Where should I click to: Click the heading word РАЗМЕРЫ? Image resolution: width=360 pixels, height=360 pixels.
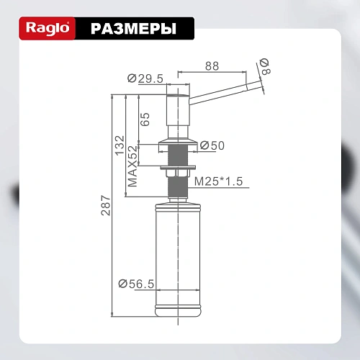coord(133,29)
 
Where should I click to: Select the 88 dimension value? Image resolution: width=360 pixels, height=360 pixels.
coord(212,66)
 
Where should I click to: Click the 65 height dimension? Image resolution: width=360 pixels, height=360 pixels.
coord(145,118)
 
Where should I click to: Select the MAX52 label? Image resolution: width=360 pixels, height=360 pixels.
coord(132,166)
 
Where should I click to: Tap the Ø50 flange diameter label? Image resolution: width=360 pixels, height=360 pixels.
coord(212,146)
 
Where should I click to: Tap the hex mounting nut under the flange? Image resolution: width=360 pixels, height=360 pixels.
coord(177,172)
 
